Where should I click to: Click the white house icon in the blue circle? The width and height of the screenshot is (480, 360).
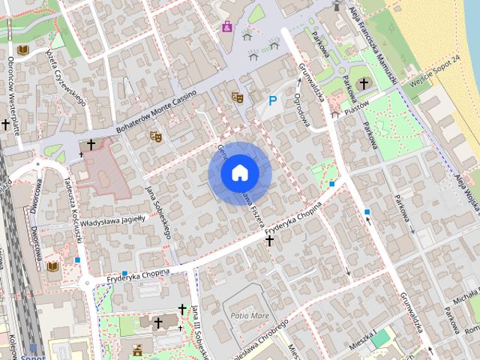(239, 173)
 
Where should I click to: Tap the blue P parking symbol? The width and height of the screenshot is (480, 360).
(273, 100)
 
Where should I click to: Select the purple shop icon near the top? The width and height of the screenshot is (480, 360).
(226, 27)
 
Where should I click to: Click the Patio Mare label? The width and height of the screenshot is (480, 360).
(250, 315)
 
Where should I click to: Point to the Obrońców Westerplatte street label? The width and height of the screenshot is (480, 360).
(12, 88)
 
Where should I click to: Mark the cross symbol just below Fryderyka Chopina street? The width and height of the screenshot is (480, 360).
(269, 241)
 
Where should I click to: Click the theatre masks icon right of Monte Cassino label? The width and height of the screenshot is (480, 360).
(237, 97)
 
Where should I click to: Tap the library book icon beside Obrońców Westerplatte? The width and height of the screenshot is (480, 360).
(23, 50)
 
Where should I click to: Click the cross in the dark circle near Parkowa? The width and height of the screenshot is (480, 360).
(364, 83)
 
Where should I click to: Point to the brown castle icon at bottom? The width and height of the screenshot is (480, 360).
(137, 349)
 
